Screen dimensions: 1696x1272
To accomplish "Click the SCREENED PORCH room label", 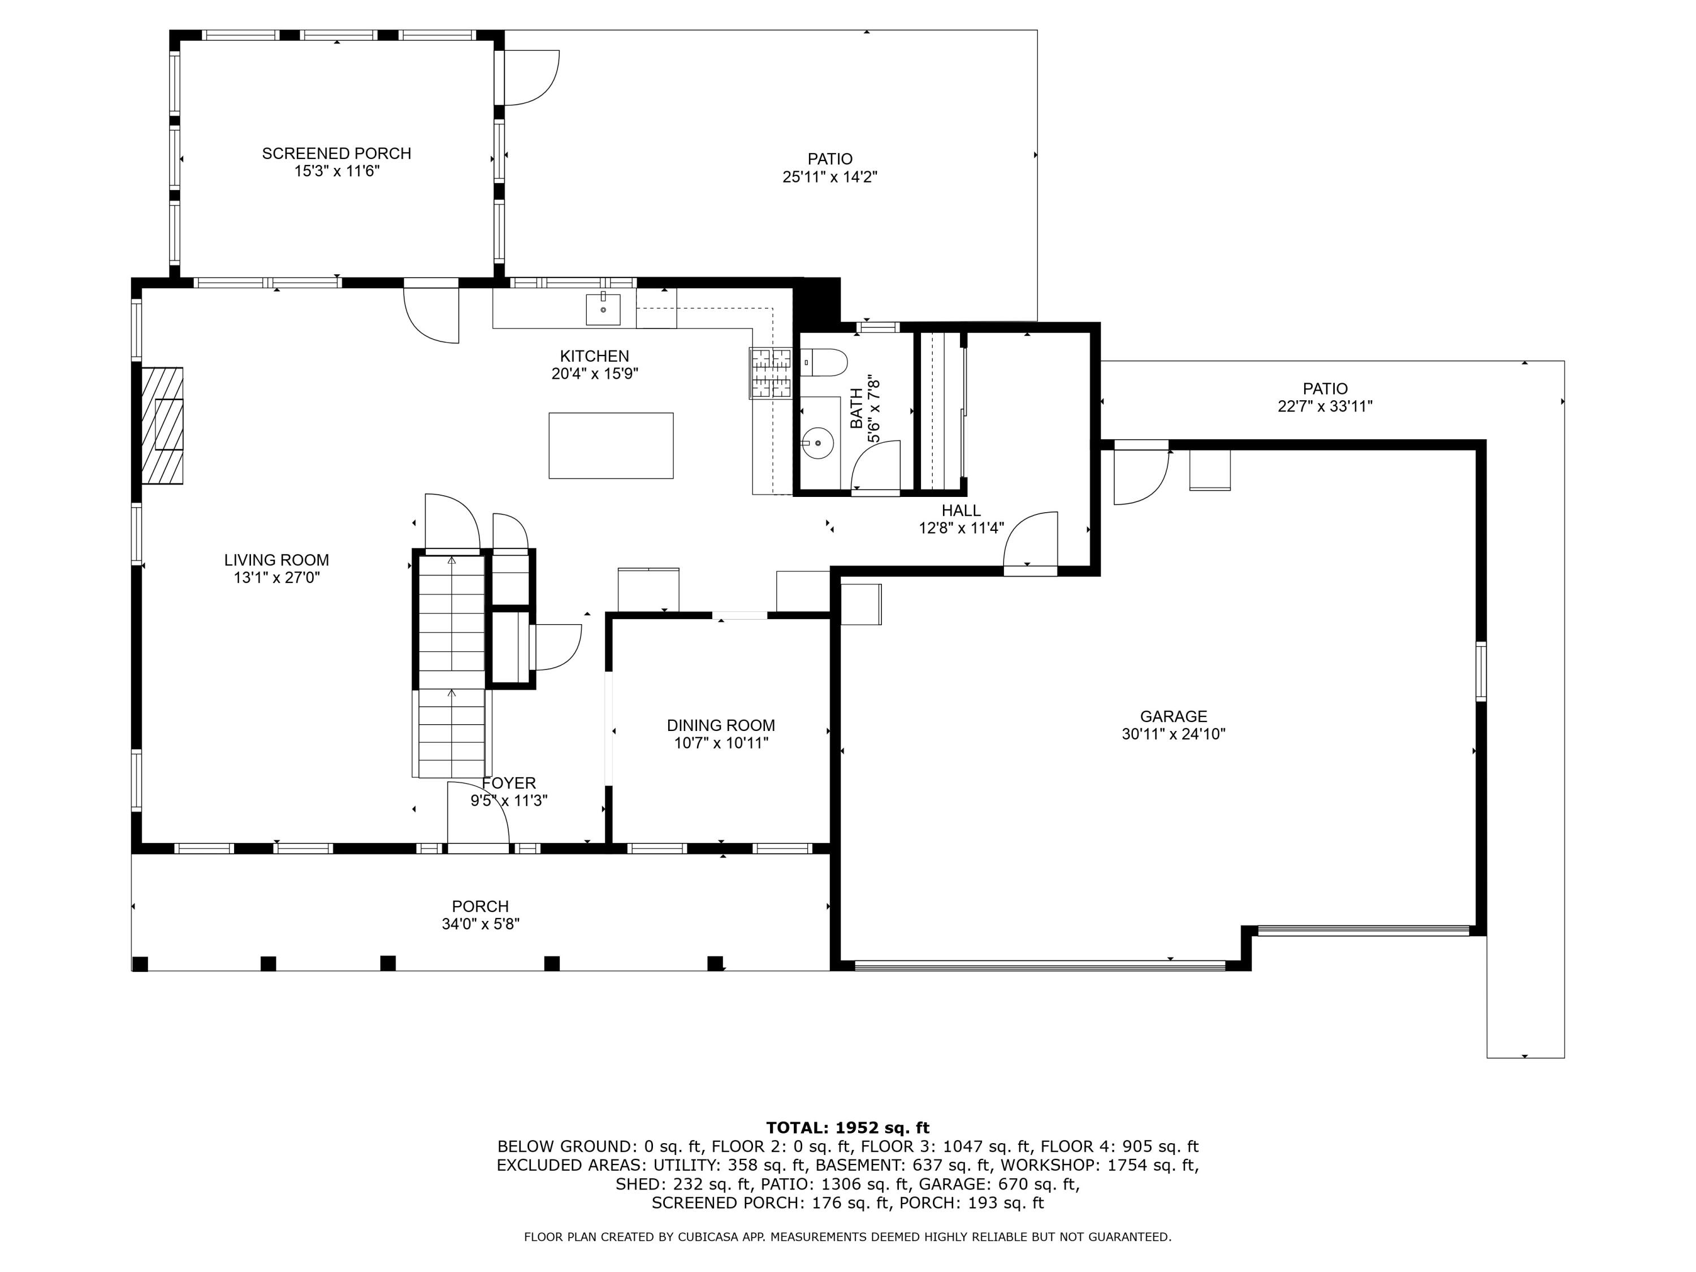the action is [x=336, y=153].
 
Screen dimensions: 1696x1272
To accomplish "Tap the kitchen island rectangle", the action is [x=611, y=445].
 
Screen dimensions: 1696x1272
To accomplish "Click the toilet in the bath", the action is [x=824, y=362].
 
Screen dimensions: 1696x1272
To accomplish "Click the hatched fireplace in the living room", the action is [x=162, y=426].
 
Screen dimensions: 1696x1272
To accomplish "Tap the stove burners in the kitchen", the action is [x=771, y=373].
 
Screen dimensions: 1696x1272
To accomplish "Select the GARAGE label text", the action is [x=1173, y=716].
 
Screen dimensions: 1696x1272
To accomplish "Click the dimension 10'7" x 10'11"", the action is [x=721, y=743].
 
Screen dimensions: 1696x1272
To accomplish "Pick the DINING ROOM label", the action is [x=721, y=725].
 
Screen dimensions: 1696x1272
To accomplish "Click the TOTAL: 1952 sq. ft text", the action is [x=847, y=1128].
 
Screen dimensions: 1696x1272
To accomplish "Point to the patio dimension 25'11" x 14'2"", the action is [x=829, y=177].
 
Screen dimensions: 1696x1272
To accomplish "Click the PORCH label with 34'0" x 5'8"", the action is [x=481, y=915].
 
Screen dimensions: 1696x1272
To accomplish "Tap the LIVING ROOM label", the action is [x=277, y=560].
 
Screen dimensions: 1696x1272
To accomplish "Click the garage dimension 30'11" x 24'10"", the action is [x=1173, y=734].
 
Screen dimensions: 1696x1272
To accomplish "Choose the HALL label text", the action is [x=961, y=510].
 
